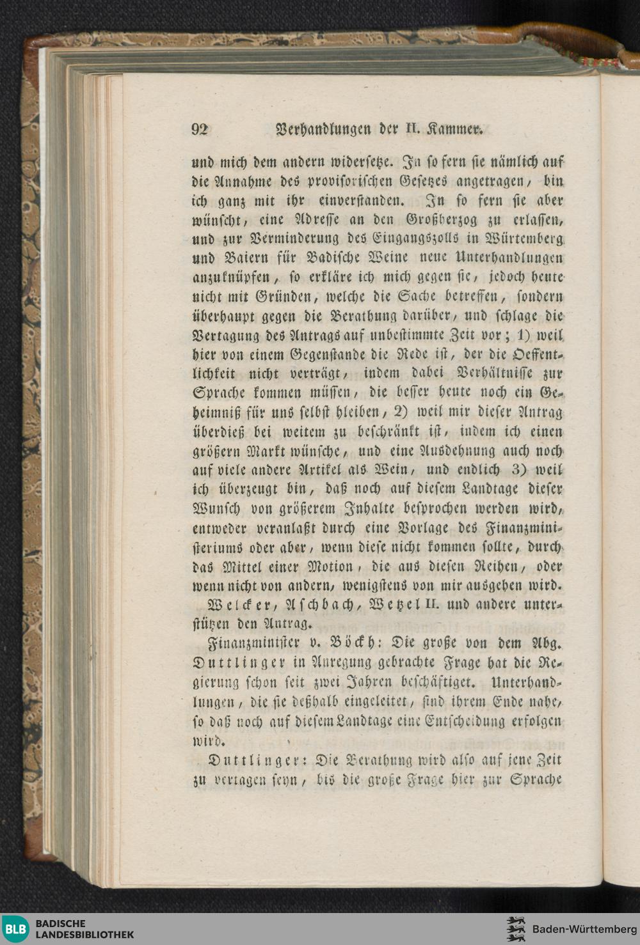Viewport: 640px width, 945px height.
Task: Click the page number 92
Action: tap(200, 129)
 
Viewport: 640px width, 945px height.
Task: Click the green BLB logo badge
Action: tap(16, 929)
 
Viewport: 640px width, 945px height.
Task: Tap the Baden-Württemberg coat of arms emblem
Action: tap(515, 929)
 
